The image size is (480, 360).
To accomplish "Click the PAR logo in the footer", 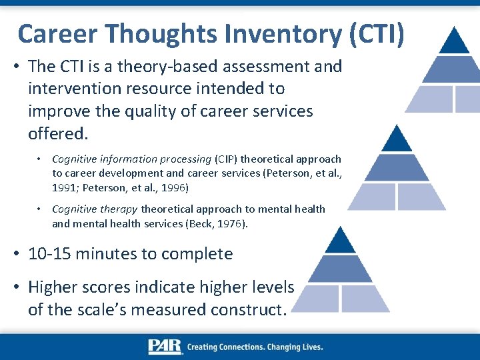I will (x=165, y=347).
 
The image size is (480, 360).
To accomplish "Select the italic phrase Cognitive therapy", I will (x=95, y=209).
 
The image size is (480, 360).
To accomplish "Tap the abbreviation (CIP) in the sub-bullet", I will (x=226, y=159).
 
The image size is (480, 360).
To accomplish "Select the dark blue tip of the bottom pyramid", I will (x=341, y=241).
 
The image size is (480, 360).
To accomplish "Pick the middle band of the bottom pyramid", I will (x=341, y=268).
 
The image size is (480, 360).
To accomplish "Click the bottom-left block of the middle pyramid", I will (x=373, y=196).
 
